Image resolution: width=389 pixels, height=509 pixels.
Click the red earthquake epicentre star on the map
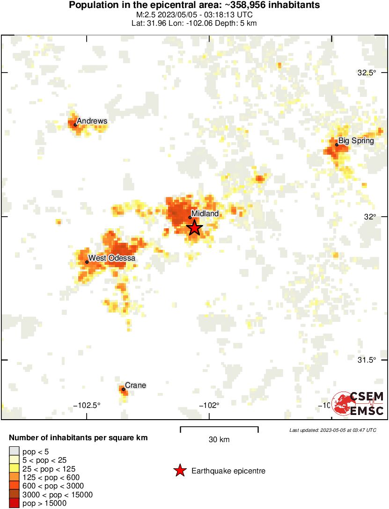pyautogui.click(x=194, y=228)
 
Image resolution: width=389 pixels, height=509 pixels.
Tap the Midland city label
pyautogui.click(x=205, y=213)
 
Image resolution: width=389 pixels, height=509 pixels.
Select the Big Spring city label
pyautogui.click(x=356, y=140)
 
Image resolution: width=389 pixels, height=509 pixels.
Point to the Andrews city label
pyautogui.click(x=92, y=121)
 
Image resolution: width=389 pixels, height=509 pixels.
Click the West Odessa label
pyautogui.click(x=112, y=258)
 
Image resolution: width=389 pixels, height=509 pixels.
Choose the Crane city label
pyautogui.click(x=135, y=385)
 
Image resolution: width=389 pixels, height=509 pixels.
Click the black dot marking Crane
pyautogui.click(x=123, y=389)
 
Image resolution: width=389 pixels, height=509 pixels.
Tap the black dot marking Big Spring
pyautogui.click(x=337, y=145)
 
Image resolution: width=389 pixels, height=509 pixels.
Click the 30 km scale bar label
pyautogui.click(x=219, y=439)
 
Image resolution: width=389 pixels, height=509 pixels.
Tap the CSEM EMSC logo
pyautogui.click(x=358, y=403)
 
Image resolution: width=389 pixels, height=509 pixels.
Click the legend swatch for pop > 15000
pyautogui.click(x=14, y=503)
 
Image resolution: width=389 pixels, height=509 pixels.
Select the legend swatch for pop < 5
pyautogui.click(x=14, y=451)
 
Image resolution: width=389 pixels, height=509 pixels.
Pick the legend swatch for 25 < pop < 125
pyautogui.click(x=14, y=468)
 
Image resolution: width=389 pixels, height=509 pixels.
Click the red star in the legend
pyautogui.click(x=180, y=471)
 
